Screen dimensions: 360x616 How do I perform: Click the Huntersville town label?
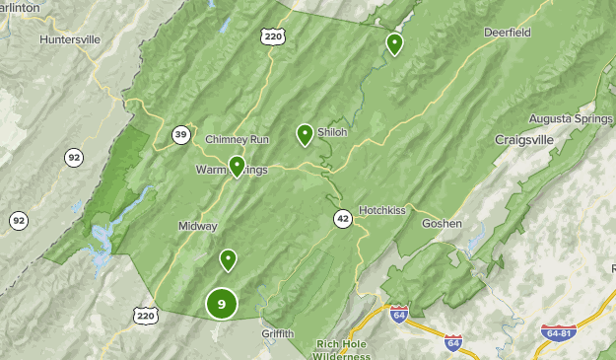[71, 39]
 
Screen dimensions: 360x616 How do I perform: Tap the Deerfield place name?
[508, 32]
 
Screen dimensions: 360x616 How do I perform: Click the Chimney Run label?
[237, 139]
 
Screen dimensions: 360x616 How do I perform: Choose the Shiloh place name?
[332, 132]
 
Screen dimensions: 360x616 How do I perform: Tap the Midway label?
[197, 226]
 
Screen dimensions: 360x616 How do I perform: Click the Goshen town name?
[442, 223]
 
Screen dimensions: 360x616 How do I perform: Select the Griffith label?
[278, 333]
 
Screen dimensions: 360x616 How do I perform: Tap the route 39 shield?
[180, 135]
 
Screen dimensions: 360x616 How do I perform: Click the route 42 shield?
[342, 219]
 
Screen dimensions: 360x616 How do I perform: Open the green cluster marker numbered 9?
[222, 304]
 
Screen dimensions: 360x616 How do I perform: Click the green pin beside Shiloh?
[306, 134]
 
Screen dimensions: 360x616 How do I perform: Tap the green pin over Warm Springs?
[237, 165]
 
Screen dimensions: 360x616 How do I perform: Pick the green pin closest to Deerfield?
[394, 43]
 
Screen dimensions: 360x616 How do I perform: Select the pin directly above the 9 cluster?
[229, 259]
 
